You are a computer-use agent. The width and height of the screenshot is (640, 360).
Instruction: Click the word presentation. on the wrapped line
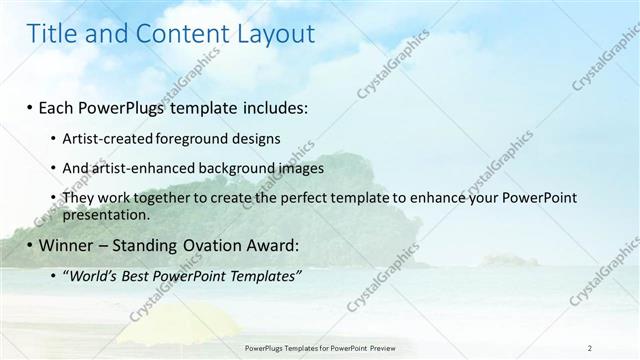pos(106,213)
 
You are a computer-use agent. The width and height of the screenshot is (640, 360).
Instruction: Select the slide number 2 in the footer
pos(590,348)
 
